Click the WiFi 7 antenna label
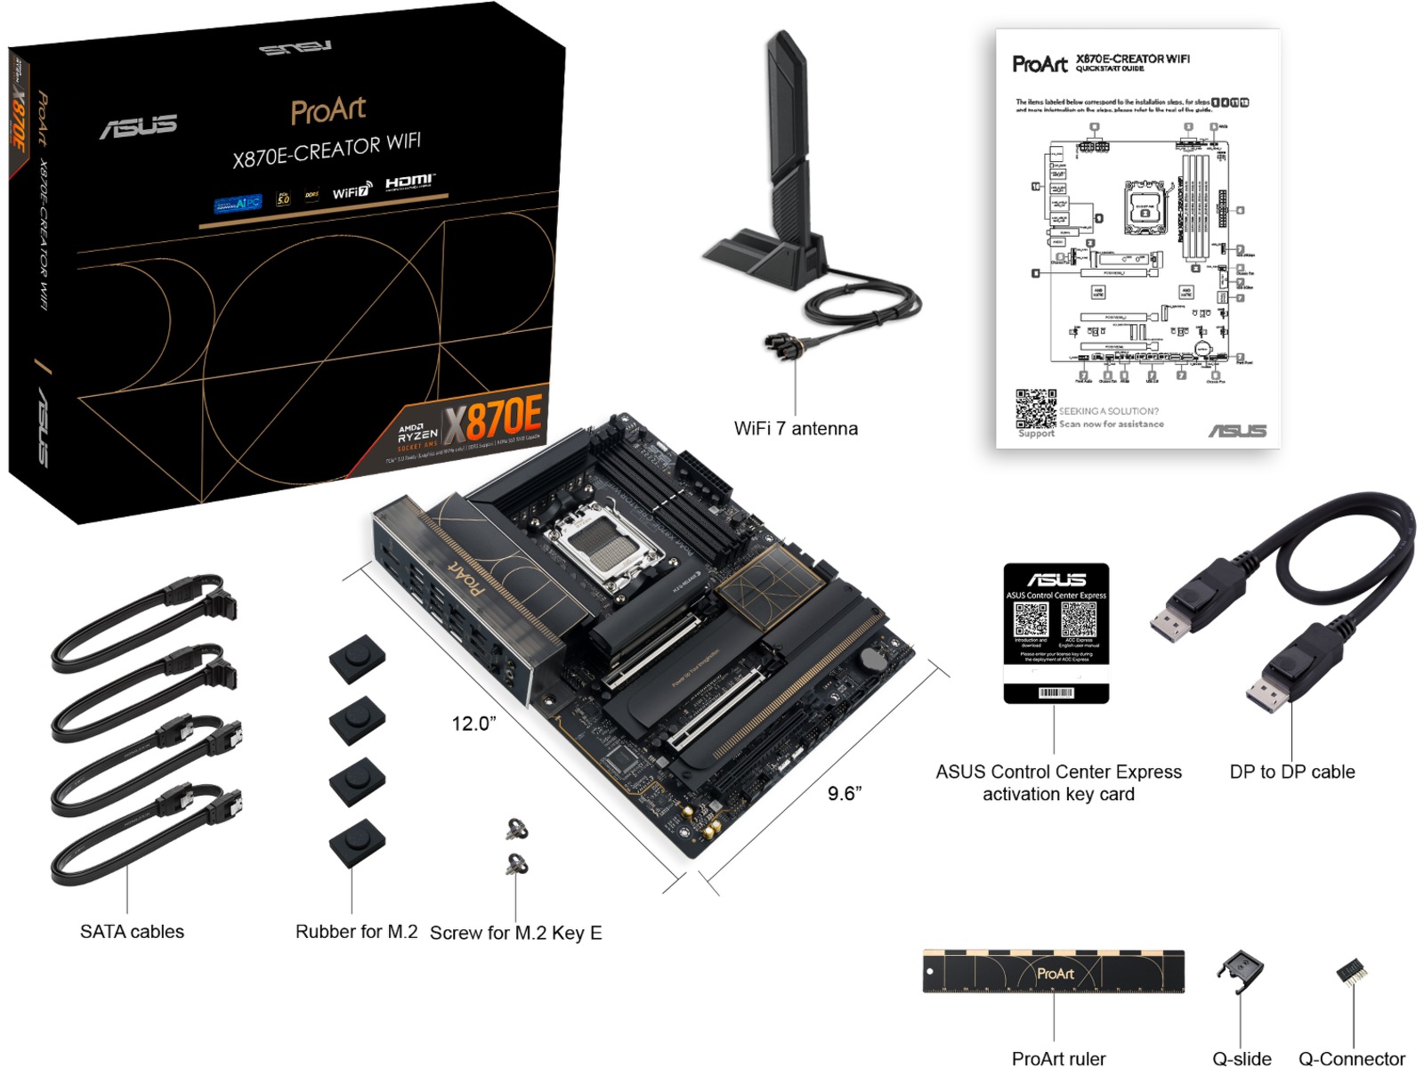tap(796, 428)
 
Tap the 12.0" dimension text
tap(473, 723)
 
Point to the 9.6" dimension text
tap(845, 793)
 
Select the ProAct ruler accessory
tap(1054, 972)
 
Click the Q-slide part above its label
tap(1241, 972)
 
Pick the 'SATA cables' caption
tap(132, 932)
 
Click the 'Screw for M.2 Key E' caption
tap(516, 933)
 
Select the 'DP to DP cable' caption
tap(1291, 772)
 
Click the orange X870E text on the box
tap(493, 417)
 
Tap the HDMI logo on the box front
tap(409, 183)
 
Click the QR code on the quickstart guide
tap(1036, 409)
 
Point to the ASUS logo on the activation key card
tap(1056, 579)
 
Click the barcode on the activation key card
tap(1056, 692)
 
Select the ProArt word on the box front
tap(328, 111)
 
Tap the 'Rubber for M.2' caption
tap(356, 932)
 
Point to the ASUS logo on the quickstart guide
tap(1237, 431)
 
